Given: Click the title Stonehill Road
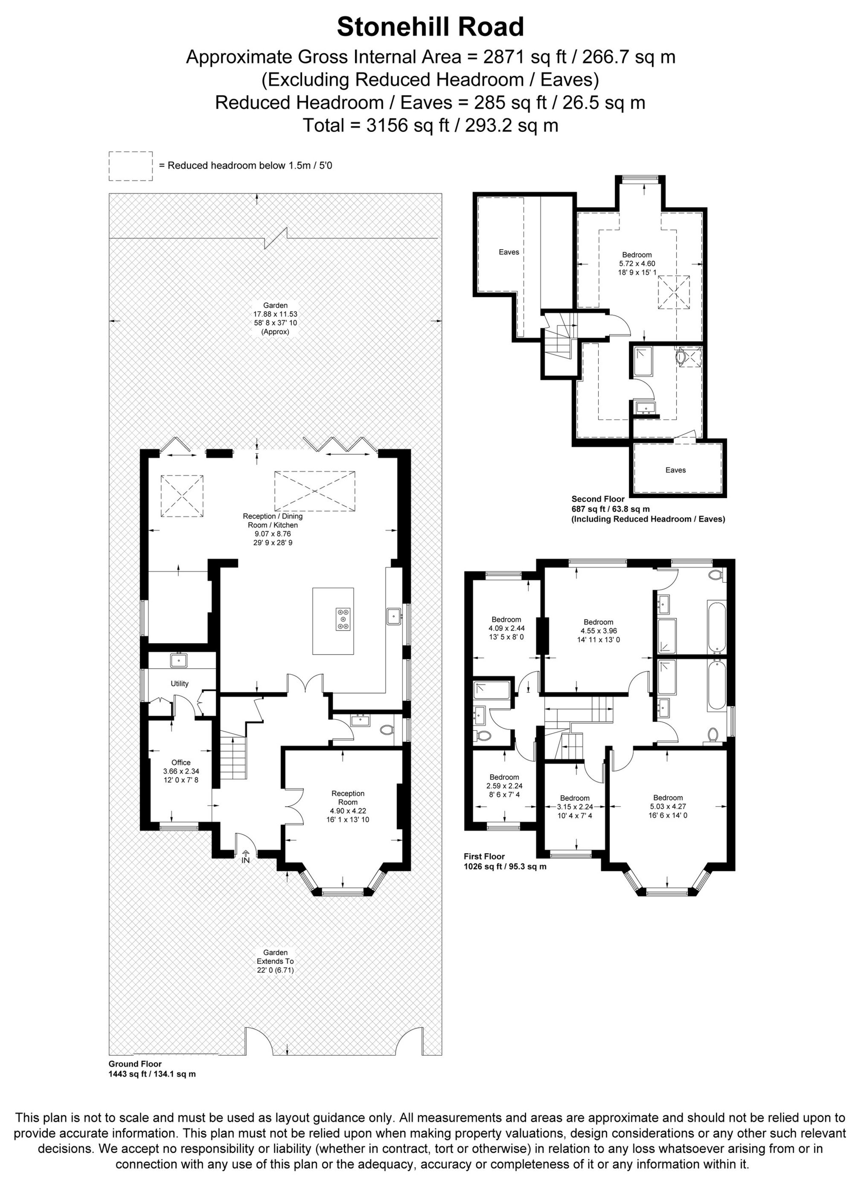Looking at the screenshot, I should pyautogui.click(x=430, y=27).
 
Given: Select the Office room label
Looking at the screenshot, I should pyautogui.click(x=181, y=763).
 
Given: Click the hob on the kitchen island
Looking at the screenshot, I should pyautogui.click(x=343, y=618).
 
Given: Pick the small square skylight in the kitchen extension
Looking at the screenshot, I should pyautogui.click(x=181, y=496).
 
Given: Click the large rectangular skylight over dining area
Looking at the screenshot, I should pyautogui.click(x=314, y=490).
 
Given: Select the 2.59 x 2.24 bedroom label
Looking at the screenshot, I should pyautogui.click(x=504, y=786).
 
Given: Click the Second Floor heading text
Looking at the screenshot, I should pyautogui.click(x=598, y=499).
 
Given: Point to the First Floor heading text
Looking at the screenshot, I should pyautogui.click(x=484, y=856).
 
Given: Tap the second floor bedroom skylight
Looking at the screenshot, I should pyautogui.click(x=673, y=293).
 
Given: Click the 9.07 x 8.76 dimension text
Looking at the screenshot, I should pyautogui.click(x=273, y=534).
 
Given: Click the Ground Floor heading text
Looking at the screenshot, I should pyautogui.click(x=135, y=1049).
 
